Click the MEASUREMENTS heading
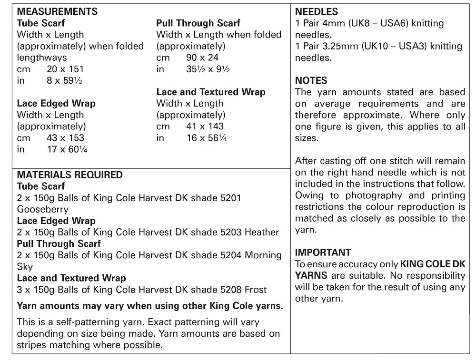pos(57,11)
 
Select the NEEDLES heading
pos(317,11)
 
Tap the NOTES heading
pos(311,80)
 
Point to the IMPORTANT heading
pos(323,252)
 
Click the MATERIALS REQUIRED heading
pos(69,175)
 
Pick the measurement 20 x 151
pos(65,69)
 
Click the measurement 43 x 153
pos(65,138)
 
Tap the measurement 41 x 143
pos(205,126)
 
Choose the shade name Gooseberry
pos(43,209)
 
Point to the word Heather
pos(262,233)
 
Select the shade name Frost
pos(256,290)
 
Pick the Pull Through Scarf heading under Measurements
pos(198,23)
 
